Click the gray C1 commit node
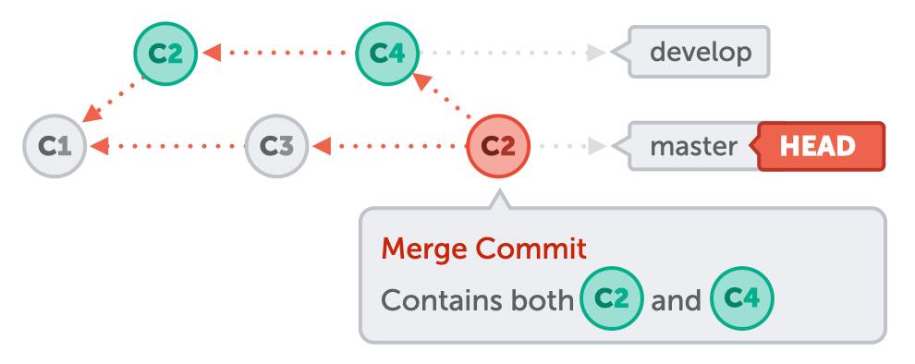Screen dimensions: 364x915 click(x=55, y=146)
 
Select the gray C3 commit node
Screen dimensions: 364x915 click(x=276, y=146)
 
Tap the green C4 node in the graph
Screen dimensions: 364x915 click(x=387, y=53)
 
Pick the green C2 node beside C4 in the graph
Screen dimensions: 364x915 click(x=166, y=53)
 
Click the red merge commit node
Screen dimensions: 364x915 click(x=498, y=146)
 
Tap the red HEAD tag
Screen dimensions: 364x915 click(x=819, y=146)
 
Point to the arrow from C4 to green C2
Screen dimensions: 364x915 click(x=277, y=53)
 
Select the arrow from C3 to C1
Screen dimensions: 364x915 click(x=166, y=146)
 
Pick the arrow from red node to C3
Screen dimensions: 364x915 click(x=388, y=146)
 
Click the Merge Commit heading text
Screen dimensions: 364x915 click(x=483, y=248)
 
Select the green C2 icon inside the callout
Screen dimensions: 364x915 click(x=611, y=299)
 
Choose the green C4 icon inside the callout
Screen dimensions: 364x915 click(x=741, y=299)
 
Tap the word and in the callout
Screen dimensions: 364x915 click(x=676, y=300)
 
